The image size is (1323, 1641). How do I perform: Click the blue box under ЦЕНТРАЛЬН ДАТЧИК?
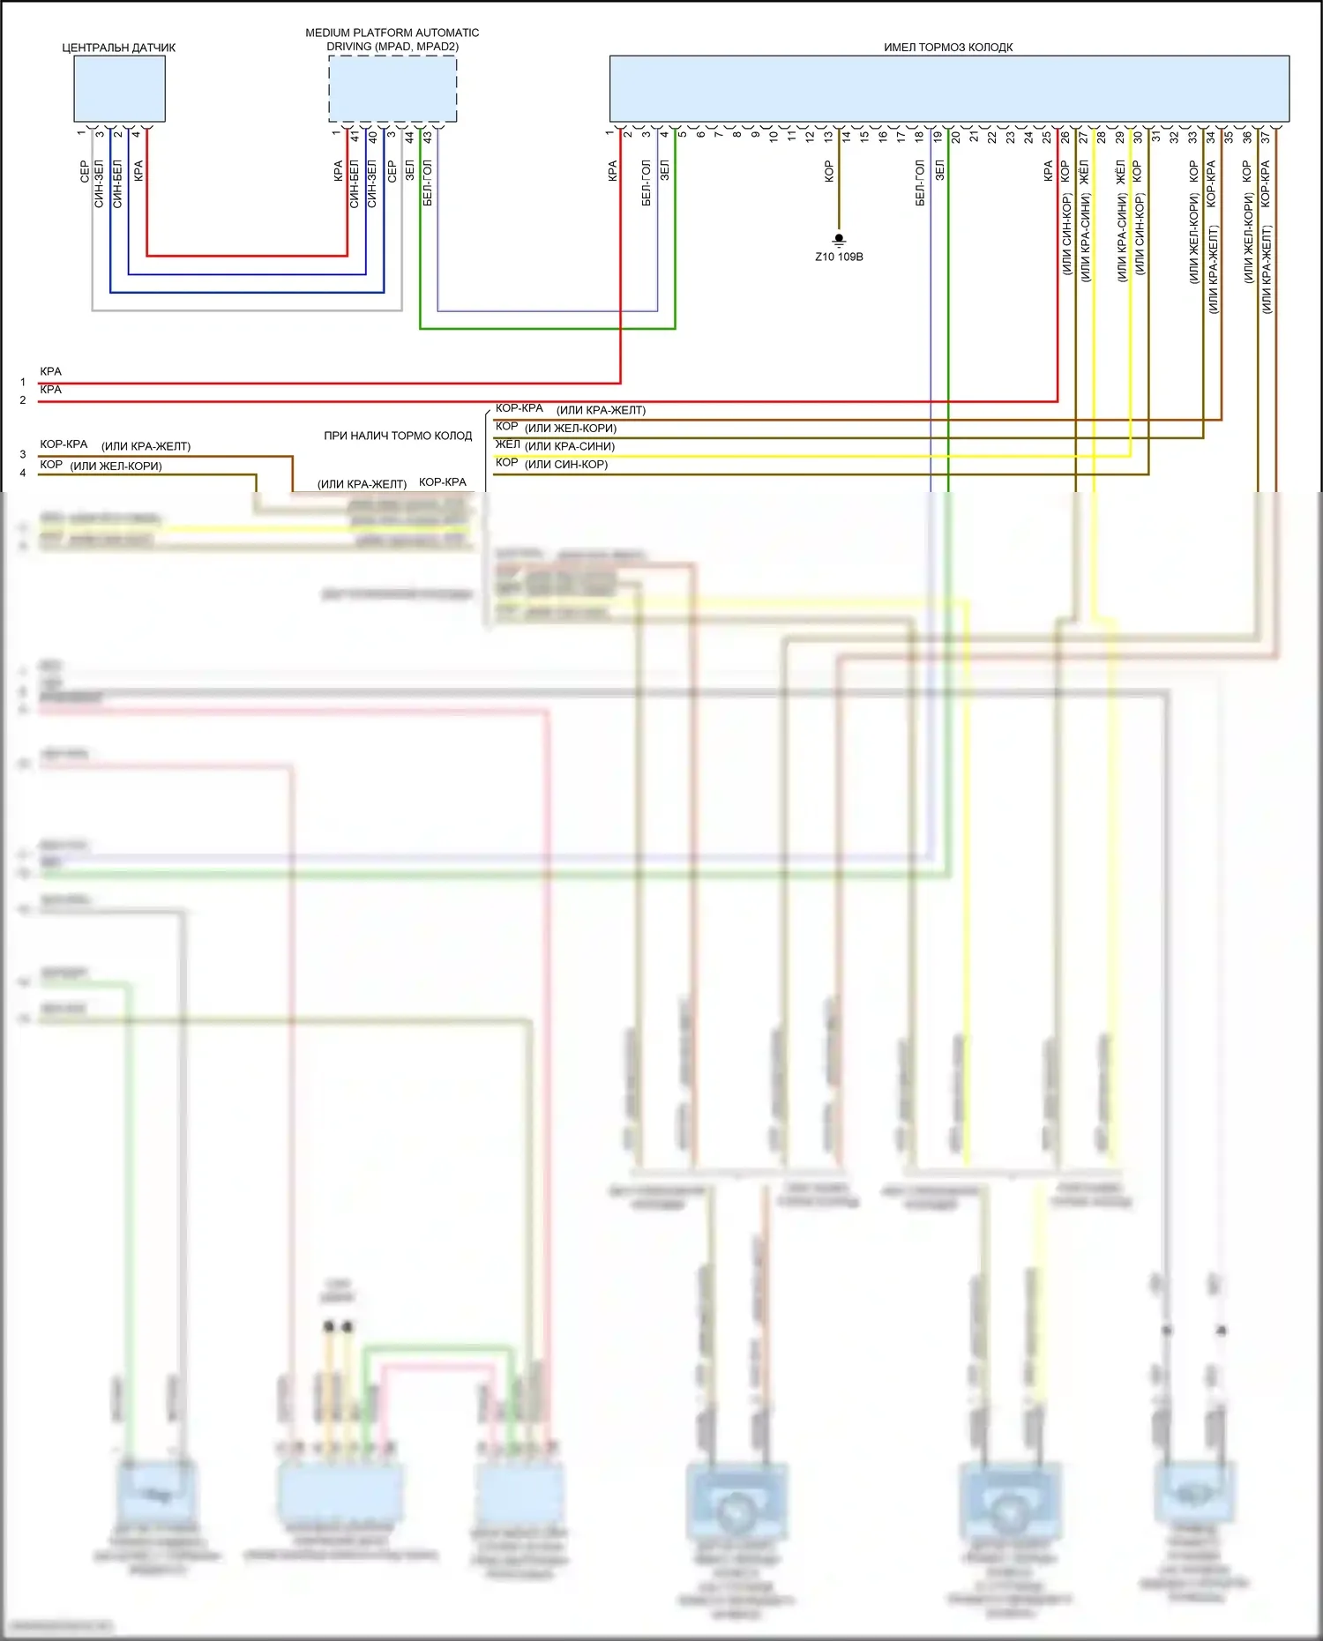[x=119, y=89]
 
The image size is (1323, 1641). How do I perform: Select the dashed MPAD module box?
[x=392, y=89]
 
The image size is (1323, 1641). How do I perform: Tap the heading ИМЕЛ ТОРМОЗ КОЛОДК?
[x=948, y=48]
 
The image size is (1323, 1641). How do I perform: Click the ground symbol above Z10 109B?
[x=839, y=239]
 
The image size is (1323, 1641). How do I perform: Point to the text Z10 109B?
[x=839, y=257]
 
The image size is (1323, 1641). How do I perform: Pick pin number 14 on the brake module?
[x=847, y=137]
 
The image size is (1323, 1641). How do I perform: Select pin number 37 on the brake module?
[x=1266, y=137]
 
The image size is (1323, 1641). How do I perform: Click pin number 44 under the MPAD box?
[x=409, y=137]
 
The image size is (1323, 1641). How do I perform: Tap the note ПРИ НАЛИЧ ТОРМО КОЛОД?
[x=398, y=436]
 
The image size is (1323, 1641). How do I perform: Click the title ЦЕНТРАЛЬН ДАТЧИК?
[x=119, y=48]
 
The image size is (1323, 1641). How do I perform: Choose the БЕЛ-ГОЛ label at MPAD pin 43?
[x=428, y=183]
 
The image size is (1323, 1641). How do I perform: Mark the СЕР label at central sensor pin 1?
[x=85, y=171]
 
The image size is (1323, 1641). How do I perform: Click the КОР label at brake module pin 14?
[x=829, y=171]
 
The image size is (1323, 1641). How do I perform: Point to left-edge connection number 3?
[x=23, y=454]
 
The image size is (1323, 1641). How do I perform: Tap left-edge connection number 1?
[x=23, y=382]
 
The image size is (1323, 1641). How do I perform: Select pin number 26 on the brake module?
[x=1065, y=137]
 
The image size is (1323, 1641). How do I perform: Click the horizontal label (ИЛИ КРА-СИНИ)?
[x=570, y=446]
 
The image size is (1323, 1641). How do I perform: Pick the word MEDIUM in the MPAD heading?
[x=328, y=33]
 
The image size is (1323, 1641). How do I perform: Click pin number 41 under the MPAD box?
[x=355, y=137]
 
